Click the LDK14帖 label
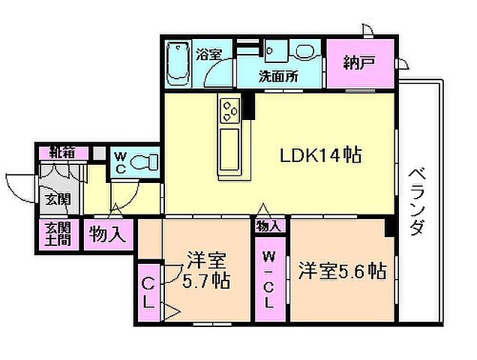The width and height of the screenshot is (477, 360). pos(321,155)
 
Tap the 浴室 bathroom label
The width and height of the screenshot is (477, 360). pos(208,54)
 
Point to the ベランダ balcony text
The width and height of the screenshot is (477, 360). pos(418,201)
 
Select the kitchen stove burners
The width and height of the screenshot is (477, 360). pos(229,112)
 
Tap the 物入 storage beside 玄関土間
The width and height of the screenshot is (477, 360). pos(107,234)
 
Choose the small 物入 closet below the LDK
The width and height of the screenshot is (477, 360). pos(269,224)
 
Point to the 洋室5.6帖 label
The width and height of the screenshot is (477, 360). pos(342,270)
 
